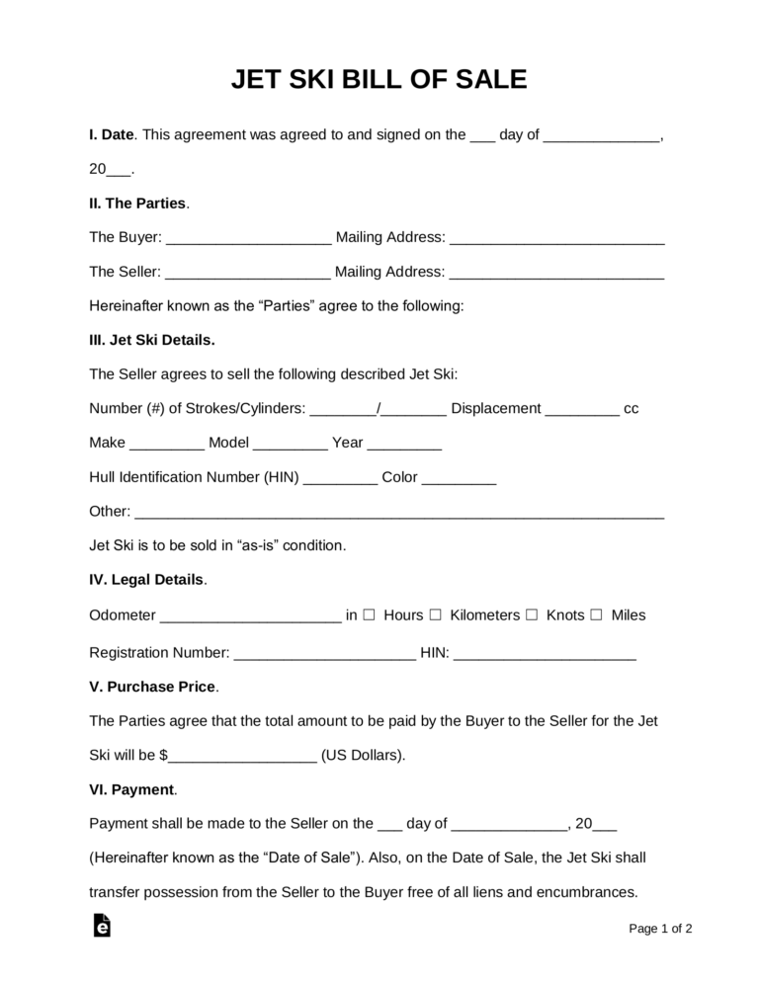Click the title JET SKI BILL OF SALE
(379, 80)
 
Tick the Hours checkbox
(369, 614)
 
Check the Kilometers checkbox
(436, 614)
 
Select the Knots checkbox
(532, 614)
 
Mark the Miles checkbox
(596, 614)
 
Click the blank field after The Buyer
(248, 239)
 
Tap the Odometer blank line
(250, 616)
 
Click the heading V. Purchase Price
(153, 687)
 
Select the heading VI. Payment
(133, 789)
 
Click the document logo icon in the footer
(100, 926)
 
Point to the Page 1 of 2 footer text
(660, 929)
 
